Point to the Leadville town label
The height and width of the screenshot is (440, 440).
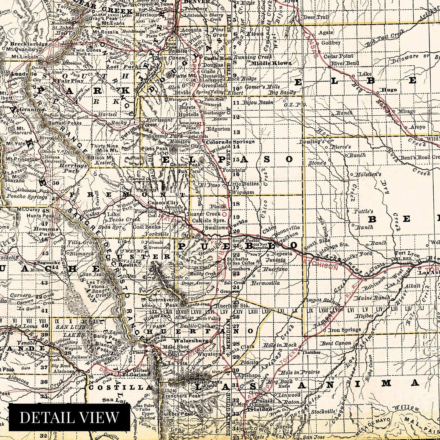click(x=24, y=74)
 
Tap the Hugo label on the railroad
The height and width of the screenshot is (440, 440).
click(x=389, y=90)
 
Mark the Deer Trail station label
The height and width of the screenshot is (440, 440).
click(x=316, y=17)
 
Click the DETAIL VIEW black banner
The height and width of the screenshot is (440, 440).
click(x=69, y=417)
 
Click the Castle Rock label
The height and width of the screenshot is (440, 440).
click(x=217, y=58)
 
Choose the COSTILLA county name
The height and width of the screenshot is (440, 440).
click(x=120, y=387)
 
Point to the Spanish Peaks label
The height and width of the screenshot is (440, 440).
click(x=195, y=382)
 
